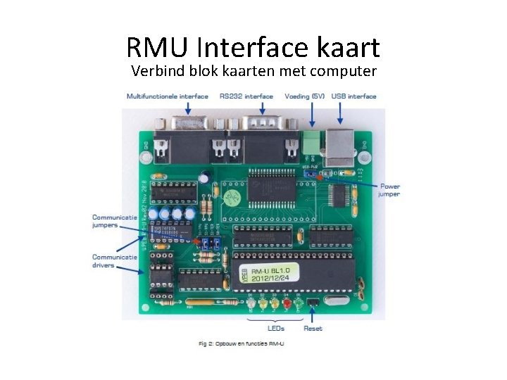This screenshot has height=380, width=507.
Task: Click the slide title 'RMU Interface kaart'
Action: [x=254, y=47]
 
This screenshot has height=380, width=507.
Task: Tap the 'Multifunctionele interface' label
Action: [x=167, y=96]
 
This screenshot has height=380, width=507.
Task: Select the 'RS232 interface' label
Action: [x=246, y=96]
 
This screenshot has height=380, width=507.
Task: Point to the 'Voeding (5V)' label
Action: [x=304, y=96]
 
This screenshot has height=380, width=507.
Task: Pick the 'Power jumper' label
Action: [x=389, y=191]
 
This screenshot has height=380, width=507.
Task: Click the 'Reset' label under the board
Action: [x=313, y=328]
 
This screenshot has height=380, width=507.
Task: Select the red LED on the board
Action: [x=287, y=304]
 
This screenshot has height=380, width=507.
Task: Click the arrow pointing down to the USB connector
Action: [x=341, y=113]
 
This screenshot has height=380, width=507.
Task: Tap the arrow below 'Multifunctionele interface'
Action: [x=188, y=108]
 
